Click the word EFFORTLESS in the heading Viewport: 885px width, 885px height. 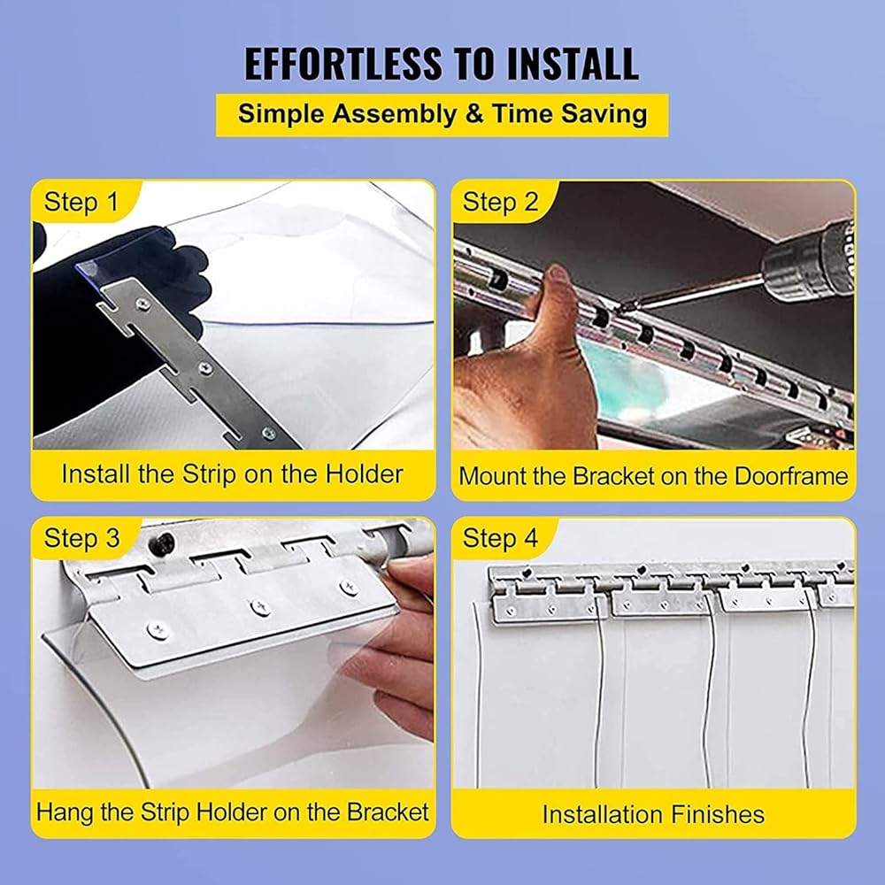[x=343, y=64]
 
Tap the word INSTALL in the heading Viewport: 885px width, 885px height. [x=573, y=64]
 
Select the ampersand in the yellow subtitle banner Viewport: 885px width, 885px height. [x=474, y=114]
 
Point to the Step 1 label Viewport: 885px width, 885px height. [x=81, y=202]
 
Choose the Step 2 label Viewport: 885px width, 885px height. [x=500, y=202]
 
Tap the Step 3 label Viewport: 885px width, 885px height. [x=81, y=538]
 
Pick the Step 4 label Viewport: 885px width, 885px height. [x=500, y=538]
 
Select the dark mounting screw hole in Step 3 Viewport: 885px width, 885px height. [x=164, y=544]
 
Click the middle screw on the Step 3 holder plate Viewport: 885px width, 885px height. [x=260, y=608]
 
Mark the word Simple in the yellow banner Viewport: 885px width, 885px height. [x=281, y=114]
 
